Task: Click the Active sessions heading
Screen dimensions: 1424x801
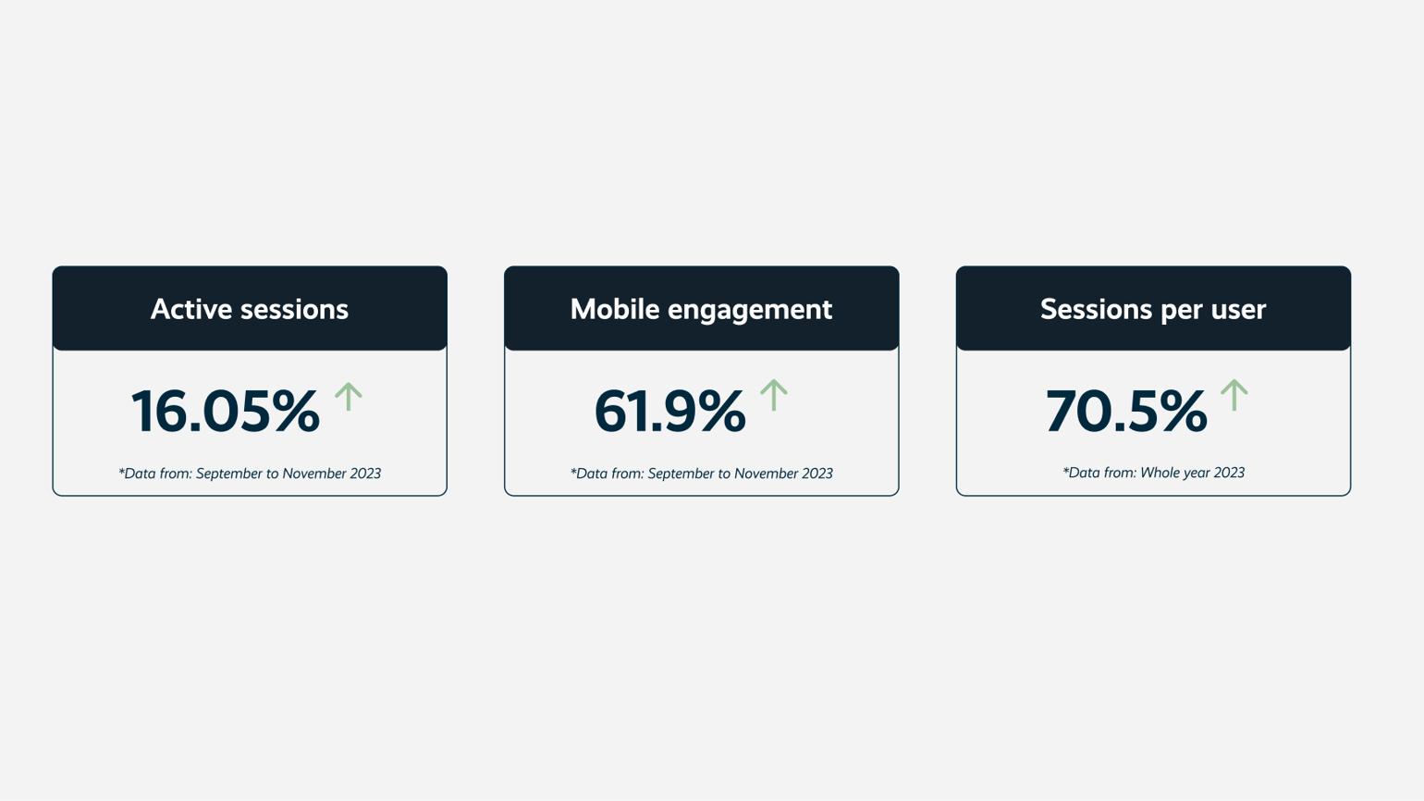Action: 250,310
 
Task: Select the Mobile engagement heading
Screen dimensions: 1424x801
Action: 701,311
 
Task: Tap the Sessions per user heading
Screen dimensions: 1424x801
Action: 1153,311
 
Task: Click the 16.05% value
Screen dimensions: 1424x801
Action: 225,412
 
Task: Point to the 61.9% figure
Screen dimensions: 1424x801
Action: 670,412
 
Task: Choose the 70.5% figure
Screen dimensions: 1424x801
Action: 1126,412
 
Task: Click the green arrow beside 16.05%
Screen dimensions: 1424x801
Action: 349,396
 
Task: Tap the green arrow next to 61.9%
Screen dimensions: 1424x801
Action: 774,395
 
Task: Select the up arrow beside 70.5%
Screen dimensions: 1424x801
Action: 1234,395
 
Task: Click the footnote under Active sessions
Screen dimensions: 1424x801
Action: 250,474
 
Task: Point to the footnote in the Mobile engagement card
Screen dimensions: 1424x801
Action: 701,474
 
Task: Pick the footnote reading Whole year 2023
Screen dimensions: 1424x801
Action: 1153,473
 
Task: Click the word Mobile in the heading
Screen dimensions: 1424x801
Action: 615,310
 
